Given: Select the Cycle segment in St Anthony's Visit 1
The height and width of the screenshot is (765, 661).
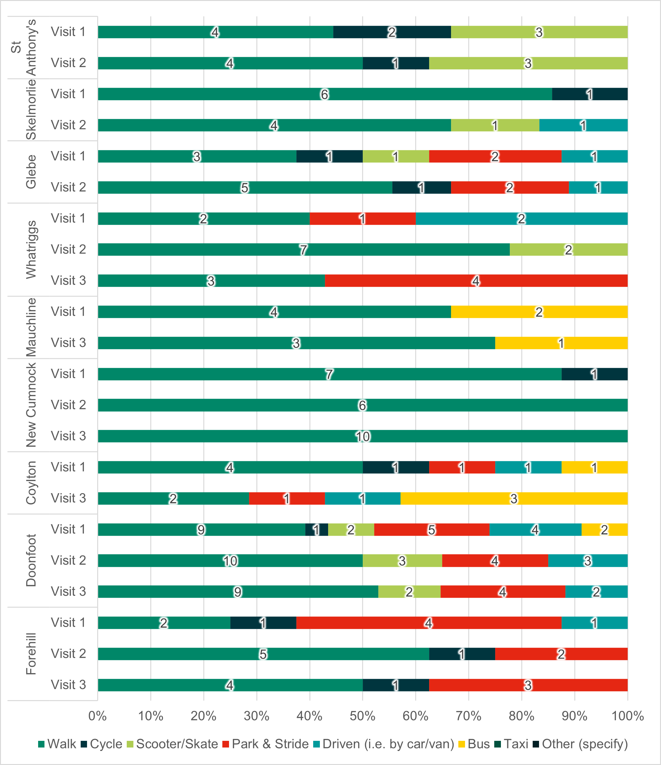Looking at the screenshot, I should tap(392, 32).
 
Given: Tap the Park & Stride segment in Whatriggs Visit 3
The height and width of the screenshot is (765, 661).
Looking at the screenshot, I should tap(476, 281).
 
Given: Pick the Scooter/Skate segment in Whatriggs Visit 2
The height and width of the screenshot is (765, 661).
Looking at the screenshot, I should tap(569, 250).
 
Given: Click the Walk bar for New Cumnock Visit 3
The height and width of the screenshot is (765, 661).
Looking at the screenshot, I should tap(363, 436).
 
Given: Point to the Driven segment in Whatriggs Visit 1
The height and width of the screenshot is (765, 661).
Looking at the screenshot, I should tap(521, 218).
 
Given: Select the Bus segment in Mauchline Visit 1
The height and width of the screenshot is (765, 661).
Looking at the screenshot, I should tap(539, 312).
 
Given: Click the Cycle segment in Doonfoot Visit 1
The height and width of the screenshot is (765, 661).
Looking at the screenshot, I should tap(316, 529).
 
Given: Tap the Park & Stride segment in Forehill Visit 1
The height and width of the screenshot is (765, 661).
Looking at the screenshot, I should tap(428, 623).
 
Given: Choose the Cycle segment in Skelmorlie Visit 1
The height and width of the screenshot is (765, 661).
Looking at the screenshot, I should tap(590, 94).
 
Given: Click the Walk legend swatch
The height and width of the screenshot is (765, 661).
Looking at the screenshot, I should tap(41, 744).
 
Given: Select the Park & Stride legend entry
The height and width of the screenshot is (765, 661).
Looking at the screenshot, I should tap(266, 744).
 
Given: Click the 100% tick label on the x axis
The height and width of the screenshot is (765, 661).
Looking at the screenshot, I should tap(627, 716).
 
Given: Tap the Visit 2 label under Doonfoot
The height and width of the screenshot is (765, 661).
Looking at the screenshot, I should tap(68, 561).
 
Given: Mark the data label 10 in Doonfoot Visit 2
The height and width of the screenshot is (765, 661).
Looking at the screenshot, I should tap(230, 561).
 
